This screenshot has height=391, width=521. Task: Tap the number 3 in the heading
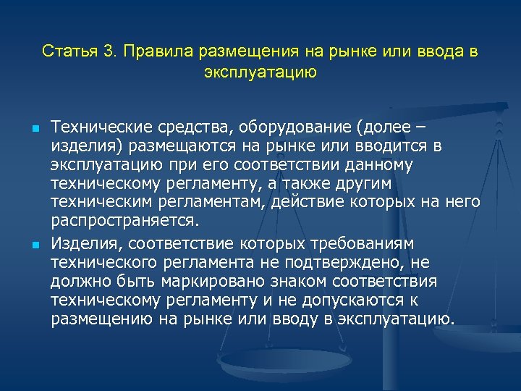pyautogui.click(x=109, y=52)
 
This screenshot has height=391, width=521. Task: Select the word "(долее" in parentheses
pyautogui.click(x=379, y=129)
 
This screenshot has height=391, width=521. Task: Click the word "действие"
pyautogui.click(x=304, y=201)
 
